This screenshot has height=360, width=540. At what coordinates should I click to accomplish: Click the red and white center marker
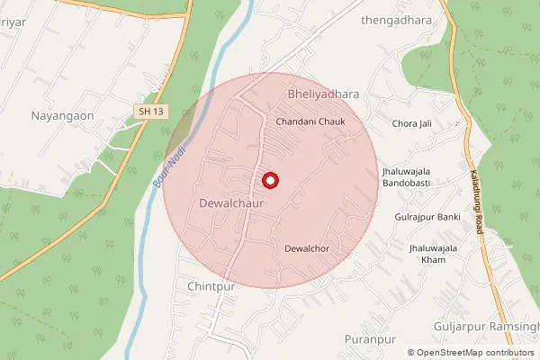click(x=269, y=181)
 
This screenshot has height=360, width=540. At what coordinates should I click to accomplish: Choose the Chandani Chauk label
click(x=310, y=121)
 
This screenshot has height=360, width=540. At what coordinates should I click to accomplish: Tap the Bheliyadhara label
click(x=322, y=94)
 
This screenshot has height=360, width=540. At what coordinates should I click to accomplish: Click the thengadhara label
click(x=391, y=19)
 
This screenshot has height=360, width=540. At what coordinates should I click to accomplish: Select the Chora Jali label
click(x=413, y=122)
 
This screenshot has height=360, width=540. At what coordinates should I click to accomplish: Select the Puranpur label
click(x=370, y=338)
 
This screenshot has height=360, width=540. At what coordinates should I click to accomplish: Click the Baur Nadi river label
click(x=168, y=166)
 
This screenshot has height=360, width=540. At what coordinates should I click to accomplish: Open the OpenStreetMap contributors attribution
click(x=476, y=353)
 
